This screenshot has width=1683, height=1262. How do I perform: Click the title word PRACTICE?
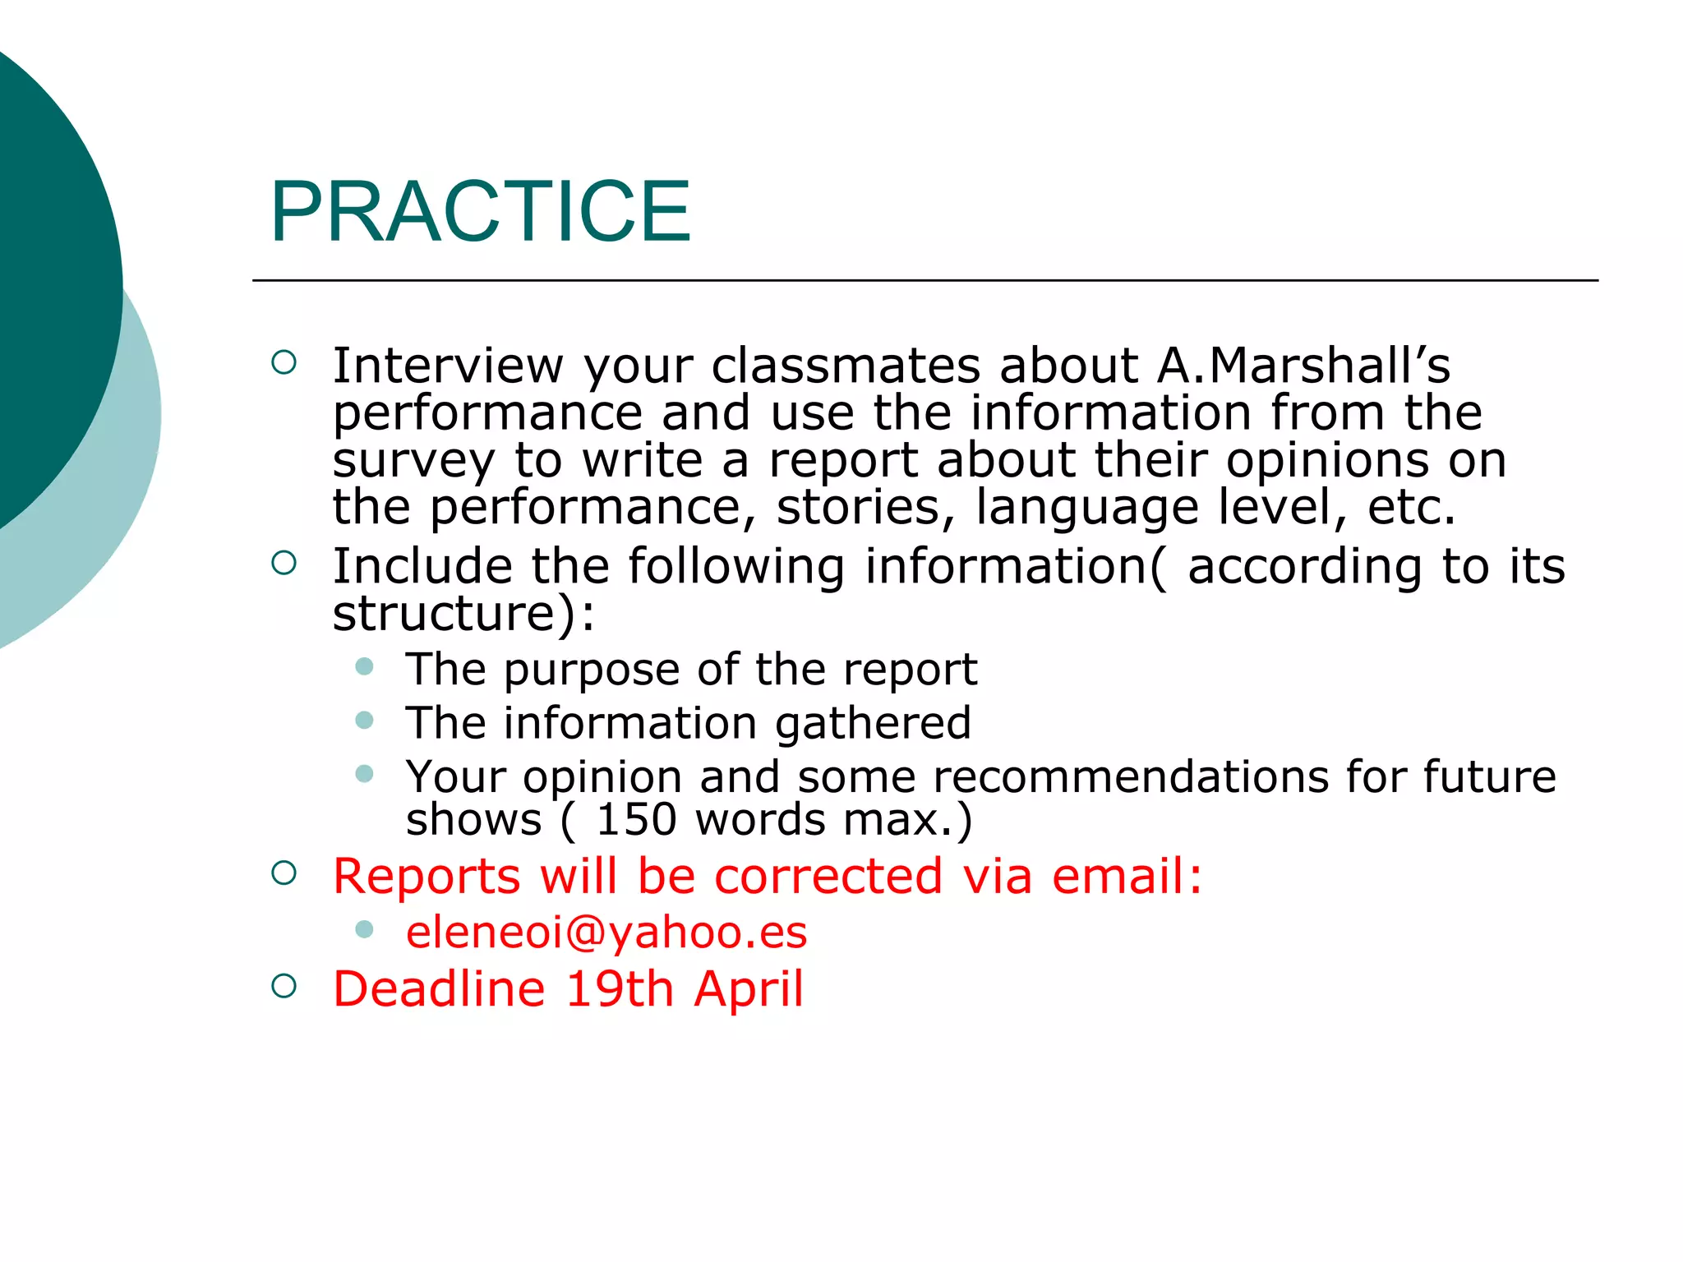[x=481, y=212]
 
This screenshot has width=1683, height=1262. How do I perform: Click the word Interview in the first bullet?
[x=448, y=366]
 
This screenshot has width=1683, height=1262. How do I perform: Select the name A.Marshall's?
[x=1303, y=366]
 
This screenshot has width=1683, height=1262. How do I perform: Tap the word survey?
[x=414, y=462]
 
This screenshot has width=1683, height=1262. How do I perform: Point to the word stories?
[x=866, y=508]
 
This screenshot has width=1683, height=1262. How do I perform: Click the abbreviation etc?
[x=1411, y=508]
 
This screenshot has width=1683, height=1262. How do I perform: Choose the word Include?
[x=422, y=566]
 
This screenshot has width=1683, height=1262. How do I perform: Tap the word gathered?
[x=873, y=723]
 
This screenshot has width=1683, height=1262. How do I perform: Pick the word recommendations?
[x=1130, y=776]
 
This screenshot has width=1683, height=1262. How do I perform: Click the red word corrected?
[x=828, y=876]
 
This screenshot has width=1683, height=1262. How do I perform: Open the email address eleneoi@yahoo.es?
[x=606, y=933]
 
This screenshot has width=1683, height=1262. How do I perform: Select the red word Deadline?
[x=439, y=988]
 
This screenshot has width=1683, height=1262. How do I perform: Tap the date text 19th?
[x=620, y=988]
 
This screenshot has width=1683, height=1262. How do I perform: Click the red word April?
[x=749, y=988]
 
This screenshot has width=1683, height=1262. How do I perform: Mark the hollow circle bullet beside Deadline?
[x=284, y=986]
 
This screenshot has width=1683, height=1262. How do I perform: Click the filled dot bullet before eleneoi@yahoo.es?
[x=365, y=929]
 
